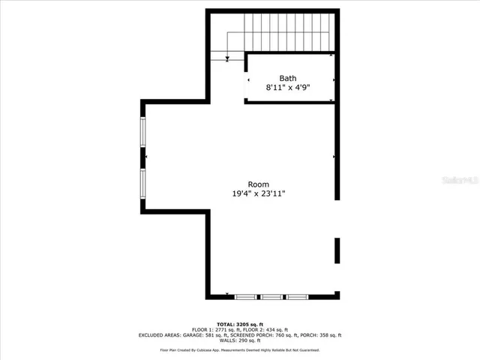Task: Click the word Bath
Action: tap(288, 78)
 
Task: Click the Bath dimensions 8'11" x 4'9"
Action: tap(288, 88)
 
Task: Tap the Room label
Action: tap(259, 184)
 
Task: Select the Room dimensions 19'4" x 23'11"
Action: tap(259, 194)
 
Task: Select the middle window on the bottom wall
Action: tap(271, 297)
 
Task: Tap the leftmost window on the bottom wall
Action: tap(245, 297)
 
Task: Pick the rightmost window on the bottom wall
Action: tap(298, 297)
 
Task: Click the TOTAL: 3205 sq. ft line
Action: tap(239, 323)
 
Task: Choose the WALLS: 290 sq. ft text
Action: tap(239, 341)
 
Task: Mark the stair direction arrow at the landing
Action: tap(227, 58)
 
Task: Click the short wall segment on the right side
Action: tap(337, 250)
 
